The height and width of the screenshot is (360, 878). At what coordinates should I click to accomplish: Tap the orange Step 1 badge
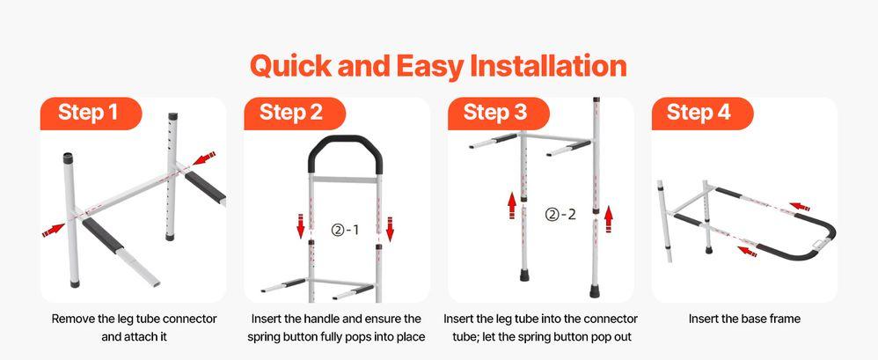pyautogui.click(x=88, y=113)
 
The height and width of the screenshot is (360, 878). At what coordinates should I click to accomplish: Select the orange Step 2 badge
pyautogui.click(x=291, y=113)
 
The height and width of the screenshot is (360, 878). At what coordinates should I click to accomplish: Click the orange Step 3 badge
pyautogui.click(x=495, y=113)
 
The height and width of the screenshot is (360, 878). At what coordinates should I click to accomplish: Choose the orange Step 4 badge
pyautogui.click(x=699, y=113)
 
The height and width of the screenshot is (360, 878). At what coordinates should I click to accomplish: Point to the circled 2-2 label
pyautogui.click(x=560, y=213)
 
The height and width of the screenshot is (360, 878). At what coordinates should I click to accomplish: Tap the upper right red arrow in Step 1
pyautogui.click(x=203, y=158)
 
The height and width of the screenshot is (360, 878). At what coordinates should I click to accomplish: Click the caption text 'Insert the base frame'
pyautogui.click(x=744, y=319)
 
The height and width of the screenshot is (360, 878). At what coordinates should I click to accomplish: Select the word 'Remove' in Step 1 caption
pyautogui.click(x=73, y=319)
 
